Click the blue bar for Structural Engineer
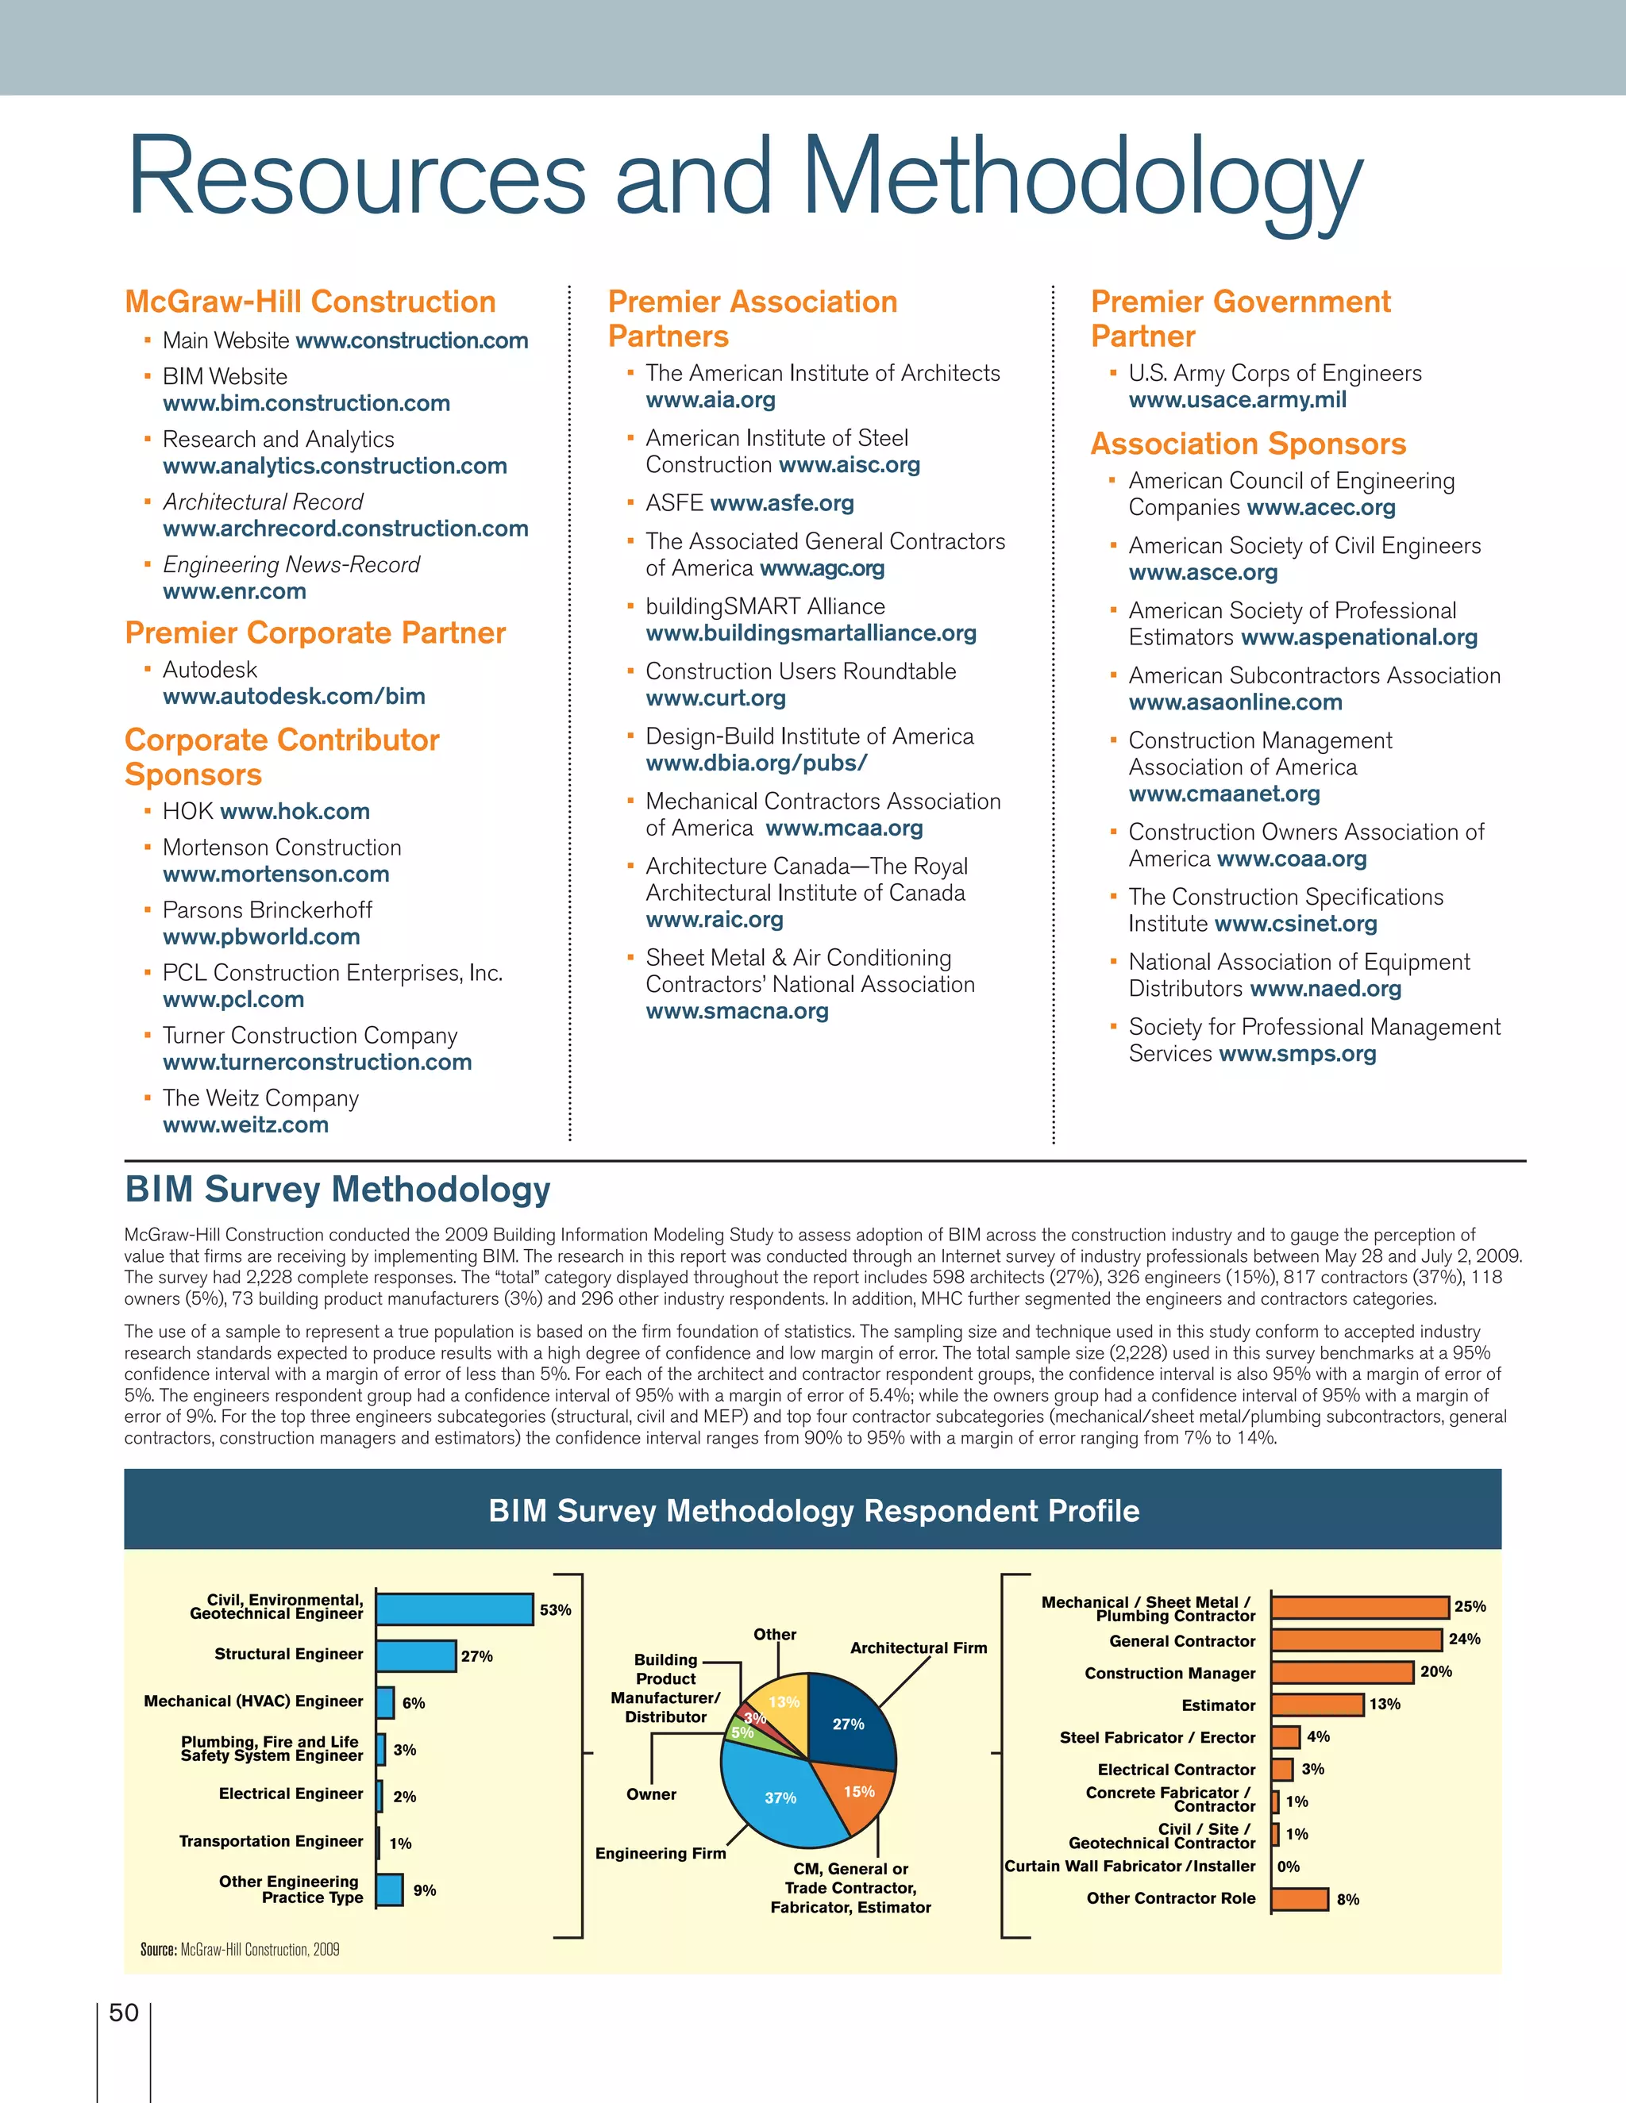coord(415,1656)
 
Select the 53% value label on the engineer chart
coord(555,1610)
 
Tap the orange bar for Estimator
coord(1317,1705)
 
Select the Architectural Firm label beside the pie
coord(918,1647)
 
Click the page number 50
coord(125,2013)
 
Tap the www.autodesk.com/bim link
coord(294,696)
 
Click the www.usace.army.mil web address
coord(1237,400)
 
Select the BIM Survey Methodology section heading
coord(337,1190)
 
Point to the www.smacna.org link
coord(737,1011)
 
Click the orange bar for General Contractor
coord(1355,1640)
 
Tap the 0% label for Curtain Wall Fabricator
coord(1288,1867)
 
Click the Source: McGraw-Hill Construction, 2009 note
coord(240,1949)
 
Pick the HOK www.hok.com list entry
coord(266,812)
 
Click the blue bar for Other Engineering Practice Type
coord(389,1890)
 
